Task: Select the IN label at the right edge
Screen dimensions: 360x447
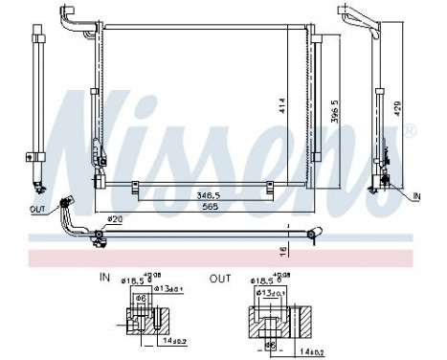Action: [416, 196]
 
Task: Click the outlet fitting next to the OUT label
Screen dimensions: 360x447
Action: [66, 203]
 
